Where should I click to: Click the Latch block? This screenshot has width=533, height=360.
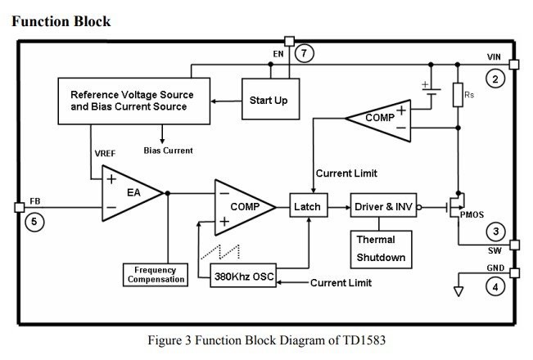[x=307, y=207]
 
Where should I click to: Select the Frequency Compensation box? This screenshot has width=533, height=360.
[x=155, y=275]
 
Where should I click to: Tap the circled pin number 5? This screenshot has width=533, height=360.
[x=32, y=221]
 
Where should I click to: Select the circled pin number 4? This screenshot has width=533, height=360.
[x=495, y=287]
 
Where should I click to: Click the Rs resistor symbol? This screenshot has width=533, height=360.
[x=458, y=95]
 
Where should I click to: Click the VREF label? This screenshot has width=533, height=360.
[x=104, y=153]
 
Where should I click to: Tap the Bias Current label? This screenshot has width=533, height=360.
[x=168, y=151]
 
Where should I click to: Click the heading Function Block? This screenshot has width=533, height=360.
[x=61, y=20]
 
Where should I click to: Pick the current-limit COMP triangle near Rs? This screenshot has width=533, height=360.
[x=376, y=118]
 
